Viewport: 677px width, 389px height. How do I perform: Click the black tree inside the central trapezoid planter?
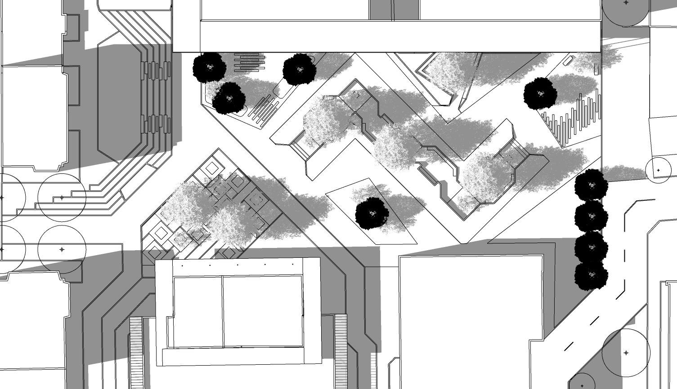pyautogui.click(x=372, y=213)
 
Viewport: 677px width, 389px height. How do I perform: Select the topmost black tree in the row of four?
pyautogui.click(x=591, y=185)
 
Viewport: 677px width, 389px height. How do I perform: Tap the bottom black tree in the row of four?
pyautogui.click(x=591, y=275)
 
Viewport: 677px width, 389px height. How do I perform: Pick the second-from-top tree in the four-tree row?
pyautogui.click(x=591, y=216)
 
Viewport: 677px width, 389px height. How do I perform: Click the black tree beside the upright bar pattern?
pyautogui.click(x=540, y=93)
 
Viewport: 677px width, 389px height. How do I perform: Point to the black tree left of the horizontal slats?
pyautogui.click(x=209, y=67)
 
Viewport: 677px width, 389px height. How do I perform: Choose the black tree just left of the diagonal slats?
pyautogui.click(x=229, y=97)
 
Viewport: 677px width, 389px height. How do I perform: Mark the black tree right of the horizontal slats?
pyautogui.click(x=299, y=70)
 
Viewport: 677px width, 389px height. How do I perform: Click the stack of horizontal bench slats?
pyautogui.click(x=249, y=62)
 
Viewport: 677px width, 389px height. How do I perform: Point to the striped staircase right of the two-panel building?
pyautogui.click(x=341, y=346)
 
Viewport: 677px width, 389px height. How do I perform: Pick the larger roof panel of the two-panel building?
pyautogui.click(x=262, y=311)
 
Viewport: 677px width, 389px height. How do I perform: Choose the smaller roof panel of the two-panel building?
pyautogui.click(x=198, y=312)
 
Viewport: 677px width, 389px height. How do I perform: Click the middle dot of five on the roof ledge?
pyautogui.click(x=238, y=265)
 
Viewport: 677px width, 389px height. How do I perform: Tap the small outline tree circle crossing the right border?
pyautogui.click(x=659, y=171)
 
